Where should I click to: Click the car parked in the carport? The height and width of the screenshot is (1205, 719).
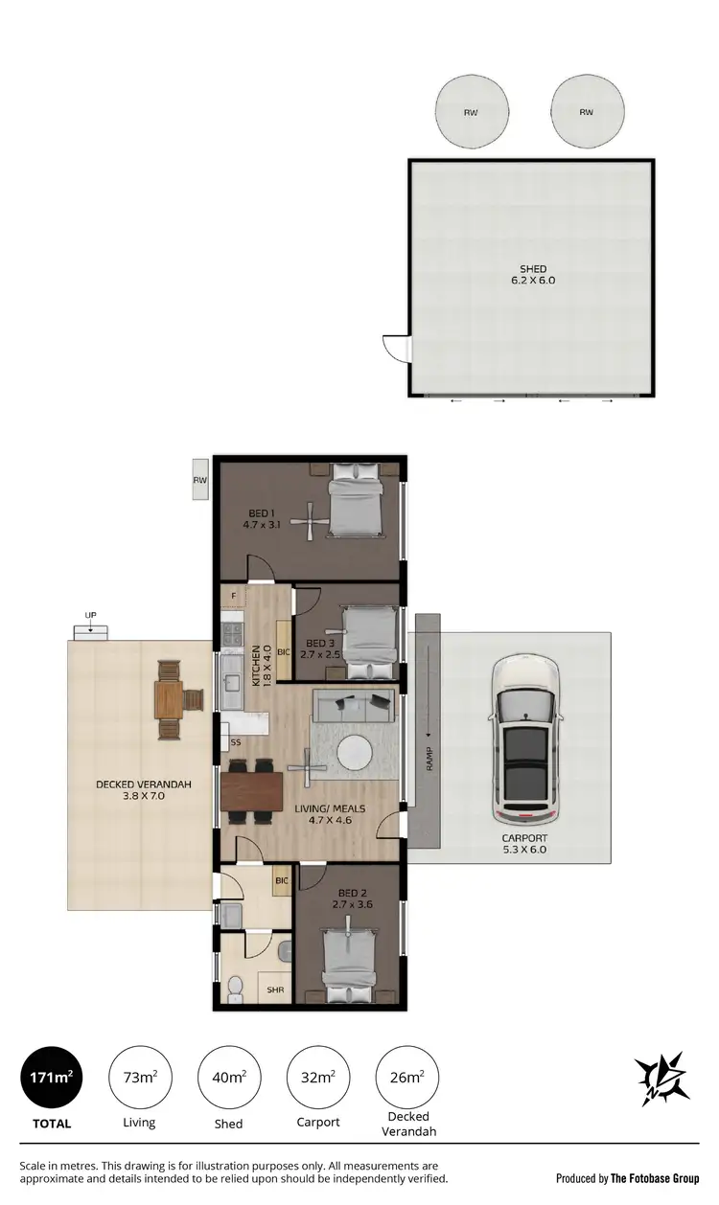tap(525, 740)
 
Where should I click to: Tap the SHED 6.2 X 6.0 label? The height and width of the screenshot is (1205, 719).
tap(533, 275)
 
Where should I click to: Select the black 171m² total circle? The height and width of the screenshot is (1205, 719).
tap(52, 1077)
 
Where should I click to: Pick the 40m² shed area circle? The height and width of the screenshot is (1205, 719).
tap(228, 1077)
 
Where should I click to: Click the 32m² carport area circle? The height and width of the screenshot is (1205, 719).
tap(317, 1077)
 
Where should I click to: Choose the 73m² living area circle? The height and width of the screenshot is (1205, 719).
tap(140, 1077)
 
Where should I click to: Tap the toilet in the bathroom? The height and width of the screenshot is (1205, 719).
tap(235, 985)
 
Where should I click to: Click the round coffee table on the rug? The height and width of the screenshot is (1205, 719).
tap(356, 750)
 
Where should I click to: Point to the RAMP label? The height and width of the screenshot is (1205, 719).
tap(429, 758)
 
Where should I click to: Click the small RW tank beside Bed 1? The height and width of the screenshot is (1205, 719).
tap(199, 480)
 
